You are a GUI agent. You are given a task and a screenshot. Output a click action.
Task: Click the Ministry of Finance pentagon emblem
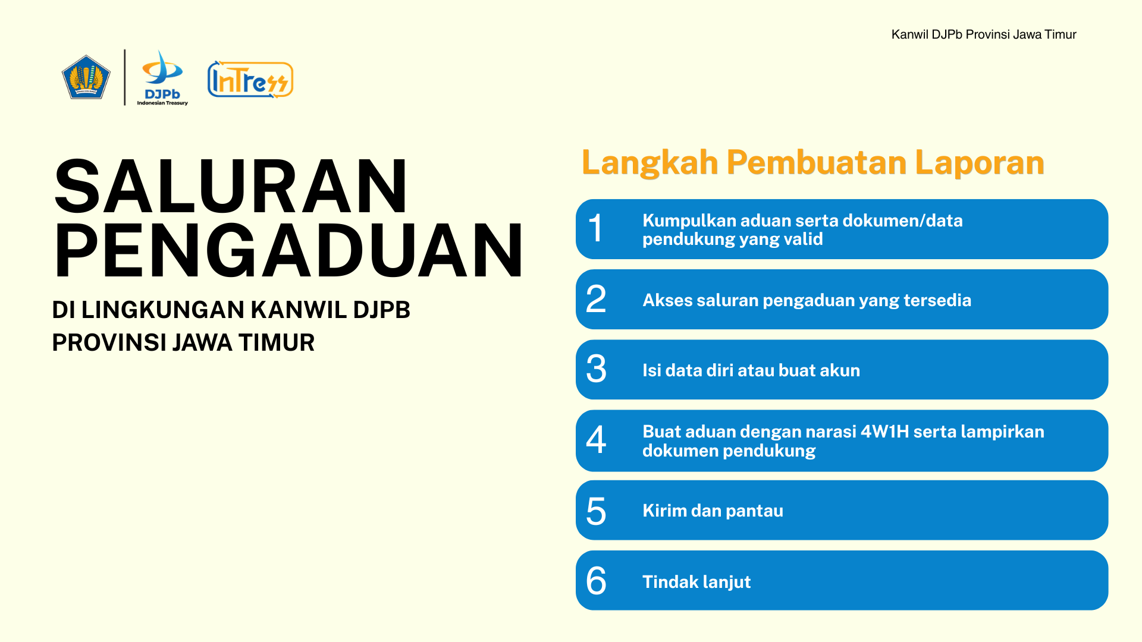click(86, 77)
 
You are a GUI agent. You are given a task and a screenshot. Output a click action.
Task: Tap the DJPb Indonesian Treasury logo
click(162, 78)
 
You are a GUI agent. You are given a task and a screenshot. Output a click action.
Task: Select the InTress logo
click(250, 79)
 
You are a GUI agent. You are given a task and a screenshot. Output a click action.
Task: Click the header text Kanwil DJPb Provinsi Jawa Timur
click(984, 34)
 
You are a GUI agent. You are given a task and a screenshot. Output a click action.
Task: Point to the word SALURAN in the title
click(231, 186)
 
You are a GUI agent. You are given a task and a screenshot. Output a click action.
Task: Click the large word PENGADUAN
click(288, 250)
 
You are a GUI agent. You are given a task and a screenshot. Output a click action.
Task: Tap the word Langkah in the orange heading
click(650, 163)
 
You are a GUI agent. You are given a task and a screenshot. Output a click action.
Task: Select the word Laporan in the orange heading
click(980, 163)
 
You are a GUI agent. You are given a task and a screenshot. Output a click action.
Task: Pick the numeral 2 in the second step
click(596, 299)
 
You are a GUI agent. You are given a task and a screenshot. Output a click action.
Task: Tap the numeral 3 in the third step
click(596, 369)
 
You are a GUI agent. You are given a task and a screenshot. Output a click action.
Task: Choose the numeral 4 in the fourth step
click(596, 440)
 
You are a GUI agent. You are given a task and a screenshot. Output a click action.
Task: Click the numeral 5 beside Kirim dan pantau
click(596, 511)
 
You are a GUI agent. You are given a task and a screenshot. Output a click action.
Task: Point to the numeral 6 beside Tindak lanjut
click(596, 581)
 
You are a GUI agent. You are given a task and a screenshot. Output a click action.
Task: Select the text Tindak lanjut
click(697, 582)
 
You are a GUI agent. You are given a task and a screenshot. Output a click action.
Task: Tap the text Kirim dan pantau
click(713, 511)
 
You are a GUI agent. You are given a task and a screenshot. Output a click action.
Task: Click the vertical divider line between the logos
click(125, 77)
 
